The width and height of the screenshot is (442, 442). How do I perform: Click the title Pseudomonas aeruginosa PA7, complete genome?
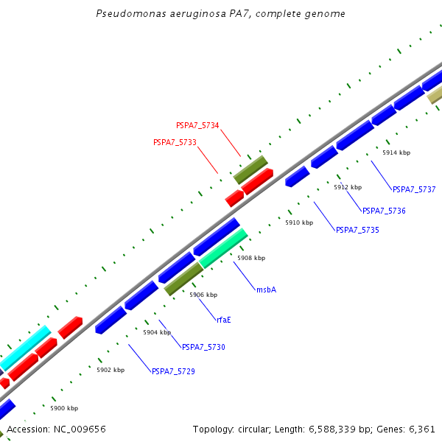(220, 14)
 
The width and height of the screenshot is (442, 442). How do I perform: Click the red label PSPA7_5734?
(197, 126)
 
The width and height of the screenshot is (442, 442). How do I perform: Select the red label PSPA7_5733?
(175, 142)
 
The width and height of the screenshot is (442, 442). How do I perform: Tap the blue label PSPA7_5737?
(414, 189)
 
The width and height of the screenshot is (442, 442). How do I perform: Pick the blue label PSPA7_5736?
(384, 211)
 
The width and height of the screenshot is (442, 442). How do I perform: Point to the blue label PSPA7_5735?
(357, 230)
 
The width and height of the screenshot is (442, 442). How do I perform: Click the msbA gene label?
(266, 290)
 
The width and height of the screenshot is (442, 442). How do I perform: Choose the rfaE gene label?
(225, 320)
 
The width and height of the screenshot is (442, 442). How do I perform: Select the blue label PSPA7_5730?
(203, 347)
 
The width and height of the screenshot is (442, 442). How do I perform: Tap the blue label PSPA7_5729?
(173, 371)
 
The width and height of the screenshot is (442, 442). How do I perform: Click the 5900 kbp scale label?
(64, 408)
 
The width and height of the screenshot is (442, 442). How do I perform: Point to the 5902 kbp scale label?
(110, 370)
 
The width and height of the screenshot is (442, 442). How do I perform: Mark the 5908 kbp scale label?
(251, 258)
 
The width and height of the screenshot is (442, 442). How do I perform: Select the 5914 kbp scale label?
(396, 152)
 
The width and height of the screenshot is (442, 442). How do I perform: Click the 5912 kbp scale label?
(348, 187)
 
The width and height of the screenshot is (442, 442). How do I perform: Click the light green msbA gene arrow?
(223, 248)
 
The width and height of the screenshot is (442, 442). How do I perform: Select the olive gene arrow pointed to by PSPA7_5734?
(250, 169)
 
